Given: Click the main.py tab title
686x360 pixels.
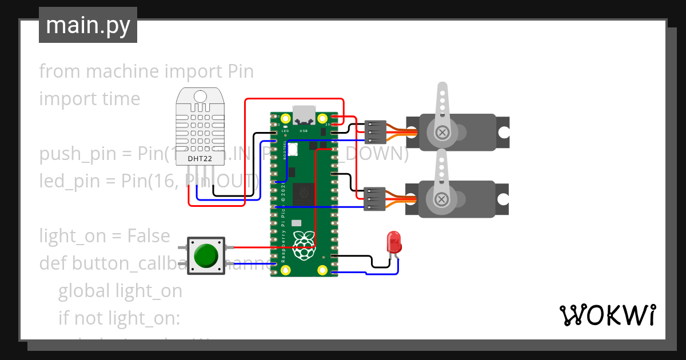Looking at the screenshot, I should click(x=88, y=26).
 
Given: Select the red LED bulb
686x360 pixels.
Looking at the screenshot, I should click(x=394, y=242).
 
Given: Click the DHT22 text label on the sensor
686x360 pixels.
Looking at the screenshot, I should click(x=200, y=158).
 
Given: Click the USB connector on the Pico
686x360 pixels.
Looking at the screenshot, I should click(x=304, y=115).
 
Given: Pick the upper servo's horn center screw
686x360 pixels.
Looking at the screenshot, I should click(x=441, y=133).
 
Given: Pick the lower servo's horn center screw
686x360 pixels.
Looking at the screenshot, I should click(x=441, y=199).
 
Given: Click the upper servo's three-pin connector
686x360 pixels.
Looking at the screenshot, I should click(x=374, y=132).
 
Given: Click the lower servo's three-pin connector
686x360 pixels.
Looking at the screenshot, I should click(x=374, y=198).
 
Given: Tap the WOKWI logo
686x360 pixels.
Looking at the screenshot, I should click(x=607, y=315).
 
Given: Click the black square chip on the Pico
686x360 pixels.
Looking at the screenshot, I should click(x=303, y=194).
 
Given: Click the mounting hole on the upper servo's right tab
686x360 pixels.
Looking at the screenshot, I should click(x=503, y=133).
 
